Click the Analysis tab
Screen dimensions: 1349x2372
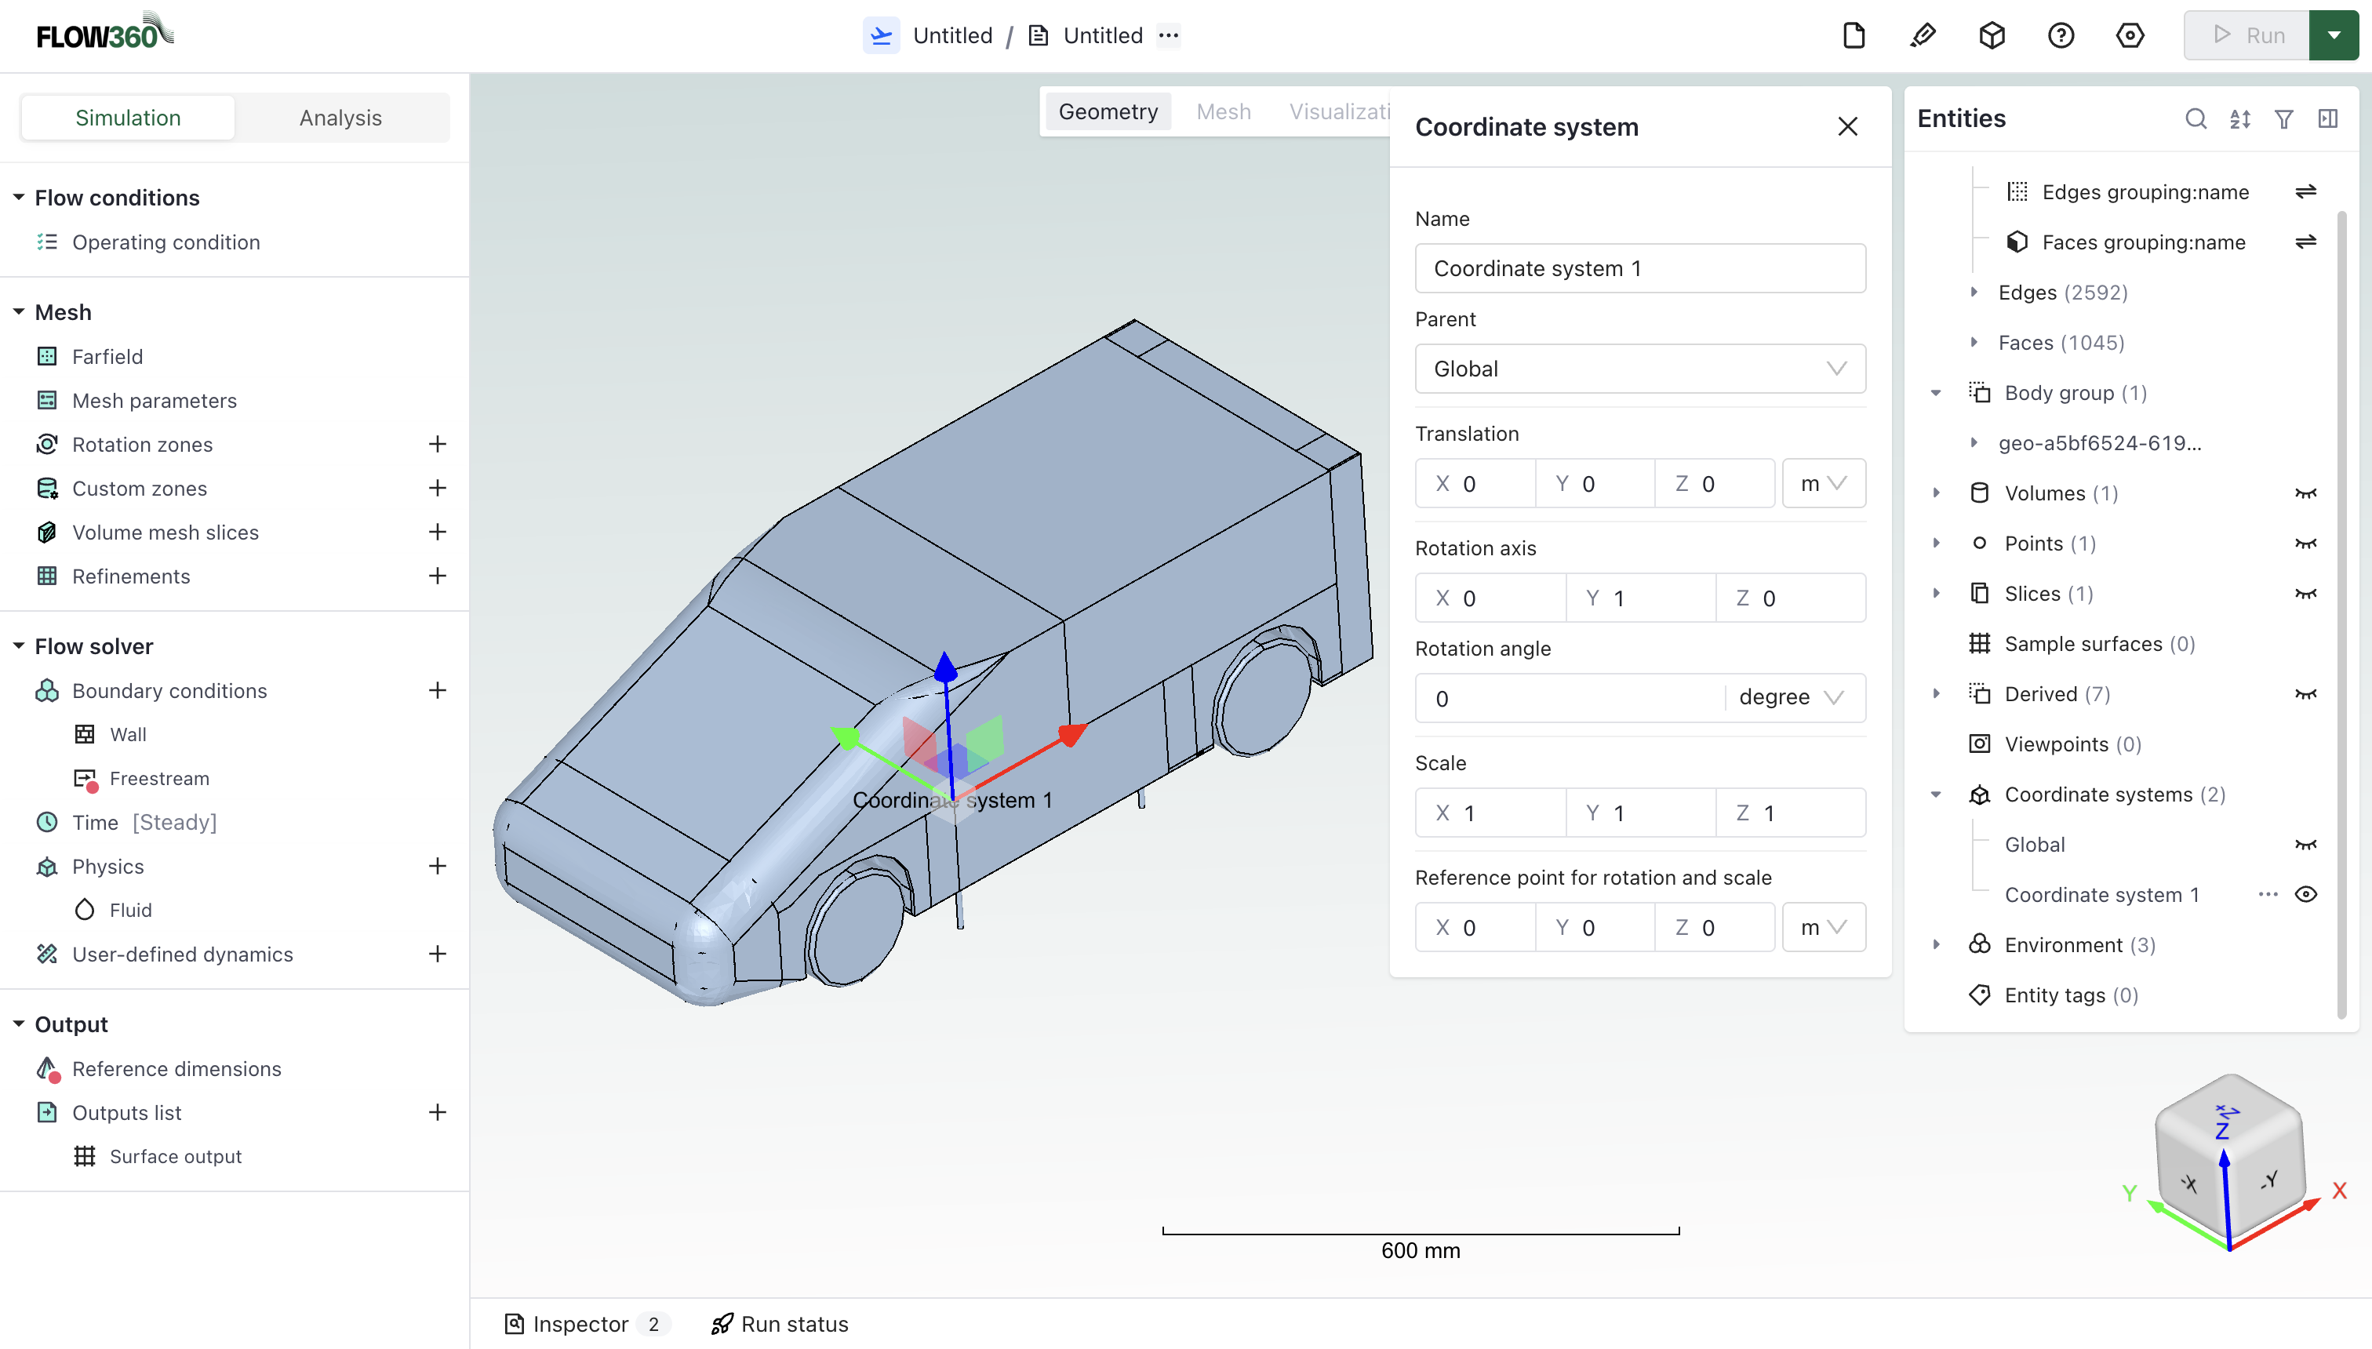point(340,118)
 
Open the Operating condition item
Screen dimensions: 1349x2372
point(166,242)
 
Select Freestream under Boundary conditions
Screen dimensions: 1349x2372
point(158,778)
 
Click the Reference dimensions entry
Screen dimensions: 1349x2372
point(176,1068)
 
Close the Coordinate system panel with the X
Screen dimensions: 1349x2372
point(1846,127)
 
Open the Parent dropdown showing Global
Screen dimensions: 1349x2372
point(1639,369)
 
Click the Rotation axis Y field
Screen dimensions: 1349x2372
point(1640,598)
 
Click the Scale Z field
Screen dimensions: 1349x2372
point(1790,813)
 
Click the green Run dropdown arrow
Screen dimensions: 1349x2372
point(2333,35)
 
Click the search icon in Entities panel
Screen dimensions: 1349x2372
point(2195,118)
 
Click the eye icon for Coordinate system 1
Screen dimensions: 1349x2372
point(2305,894)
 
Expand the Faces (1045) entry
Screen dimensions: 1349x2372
point(1974,343)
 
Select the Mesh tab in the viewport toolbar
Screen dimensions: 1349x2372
point(1223,112)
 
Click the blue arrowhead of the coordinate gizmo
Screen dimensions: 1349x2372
point(945,665)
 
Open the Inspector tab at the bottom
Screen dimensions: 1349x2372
point(580,1324)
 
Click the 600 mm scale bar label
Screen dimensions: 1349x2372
point(1420,1251)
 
